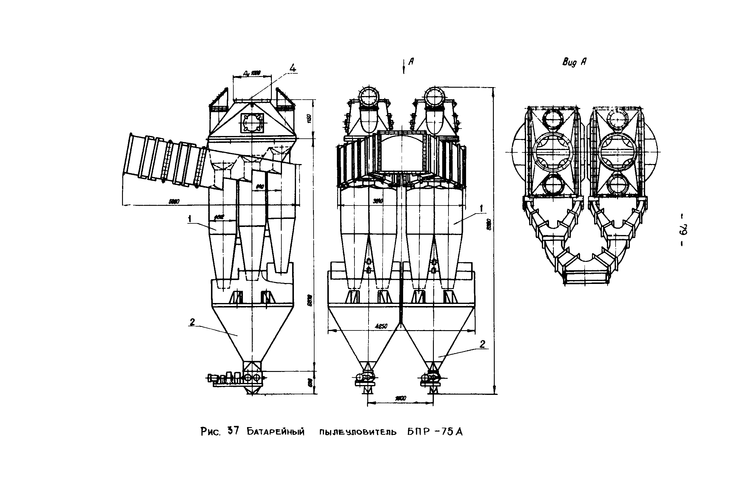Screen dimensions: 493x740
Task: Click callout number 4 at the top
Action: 292,68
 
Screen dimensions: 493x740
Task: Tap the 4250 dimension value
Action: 381,326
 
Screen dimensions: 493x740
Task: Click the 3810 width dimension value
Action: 378,201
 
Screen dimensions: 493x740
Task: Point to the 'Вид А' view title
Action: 574,62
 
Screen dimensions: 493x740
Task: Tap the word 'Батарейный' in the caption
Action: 275,432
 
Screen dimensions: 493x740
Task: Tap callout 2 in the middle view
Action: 482,344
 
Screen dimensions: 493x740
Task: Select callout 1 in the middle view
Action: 481,208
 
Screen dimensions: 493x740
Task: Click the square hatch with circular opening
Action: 252,123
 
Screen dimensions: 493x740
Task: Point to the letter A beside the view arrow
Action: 411,62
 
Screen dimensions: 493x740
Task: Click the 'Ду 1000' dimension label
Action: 252,73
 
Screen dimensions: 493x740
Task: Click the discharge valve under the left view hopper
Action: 252,378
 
